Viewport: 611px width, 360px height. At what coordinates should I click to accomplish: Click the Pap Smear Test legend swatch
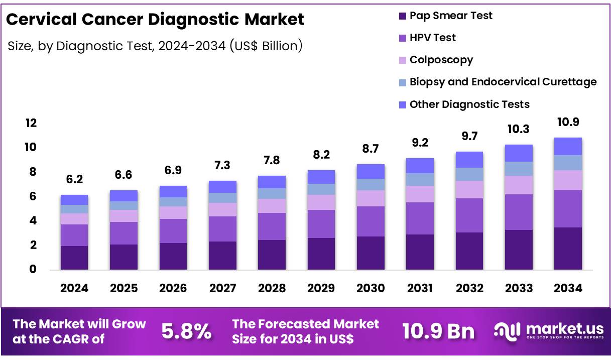(x=402, y=16)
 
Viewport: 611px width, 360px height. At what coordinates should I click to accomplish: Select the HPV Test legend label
(x=432, y=38)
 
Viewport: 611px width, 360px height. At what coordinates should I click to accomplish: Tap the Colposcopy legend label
(x=441, y=60)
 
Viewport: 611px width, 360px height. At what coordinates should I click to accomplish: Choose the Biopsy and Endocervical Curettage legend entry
(x=503, y=82)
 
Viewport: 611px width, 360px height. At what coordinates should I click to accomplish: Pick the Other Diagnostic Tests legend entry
(x=469, y=104)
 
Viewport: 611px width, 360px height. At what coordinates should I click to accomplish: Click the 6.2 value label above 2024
(x=74, y=178)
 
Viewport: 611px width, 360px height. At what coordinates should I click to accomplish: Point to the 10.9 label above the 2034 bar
(x=568, y=122)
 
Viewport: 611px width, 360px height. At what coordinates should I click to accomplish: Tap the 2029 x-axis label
(x=321, y=288)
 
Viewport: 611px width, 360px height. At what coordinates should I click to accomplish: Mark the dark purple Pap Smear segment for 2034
(x=568, y=248)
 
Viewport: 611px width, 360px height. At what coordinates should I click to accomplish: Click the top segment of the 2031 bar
(x=420, y=166)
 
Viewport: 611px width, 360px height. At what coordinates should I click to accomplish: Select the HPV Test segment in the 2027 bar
(x=222, y=228)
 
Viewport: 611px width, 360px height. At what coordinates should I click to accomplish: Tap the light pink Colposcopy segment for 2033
(x=519, y=185)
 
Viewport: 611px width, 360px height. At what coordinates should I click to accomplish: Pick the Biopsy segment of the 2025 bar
(x=124, y=205)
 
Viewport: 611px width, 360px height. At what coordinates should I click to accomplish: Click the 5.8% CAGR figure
(x=186, y=331)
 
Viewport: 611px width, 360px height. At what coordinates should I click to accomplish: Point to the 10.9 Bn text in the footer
(x=438, y=331)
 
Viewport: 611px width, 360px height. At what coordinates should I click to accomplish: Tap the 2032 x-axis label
(x=469, y=288)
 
